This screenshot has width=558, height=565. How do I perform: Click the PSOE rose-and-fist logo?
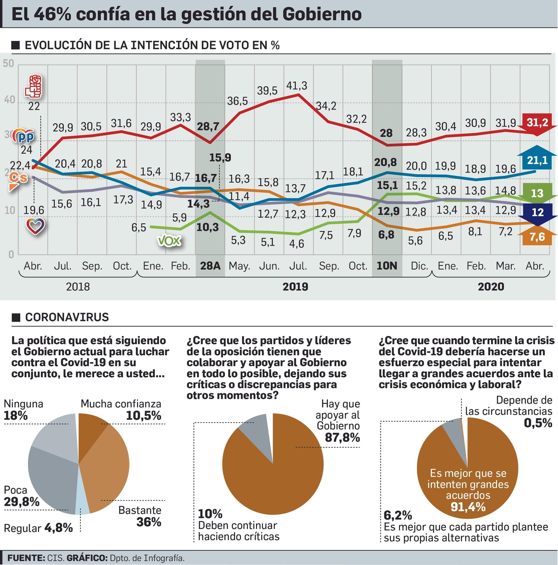tap(34, 86)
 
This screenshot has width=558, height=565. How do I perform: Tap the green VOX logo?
tap(169, 240)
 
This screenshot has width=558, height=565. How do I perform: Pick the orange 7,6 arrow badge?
tap(537, 237)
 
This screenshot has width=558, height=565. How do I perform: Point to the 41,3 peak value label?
tap(296, 86)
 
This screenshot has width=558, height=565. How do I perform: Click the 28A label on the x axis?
tap(210, 266)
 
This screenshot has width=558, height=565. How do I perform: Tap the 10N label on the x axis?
tap(387, 266)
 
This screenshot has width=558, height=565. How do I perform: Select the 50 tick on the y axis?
tap(8, 64)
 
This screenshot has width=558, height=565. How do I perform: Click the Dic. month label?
tap(419, 266)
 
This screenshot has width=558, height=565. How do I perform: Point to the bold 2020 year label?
tap(491, 287)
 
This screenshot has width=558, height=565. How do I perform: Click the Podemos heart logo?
tap(36, 226)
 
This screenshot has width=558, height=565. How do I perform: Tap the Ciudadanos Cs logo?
tap(18, 179)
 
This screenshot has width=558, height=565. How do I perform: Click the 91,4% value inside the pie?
tap(468, 506)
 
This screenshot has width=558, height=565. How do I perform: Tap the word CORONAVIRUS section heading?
tap(67, 317)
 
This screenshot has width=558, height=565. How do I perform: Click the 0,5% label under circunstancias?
tap(538, 423)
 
